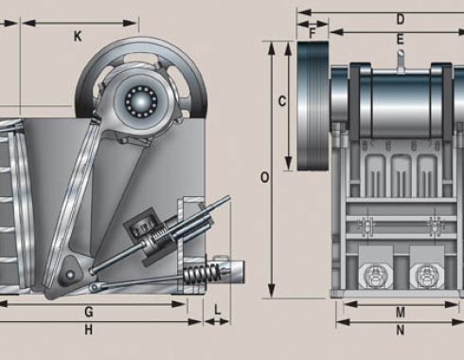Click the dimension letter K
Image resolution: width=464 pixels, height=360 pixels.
(x=78, y=37)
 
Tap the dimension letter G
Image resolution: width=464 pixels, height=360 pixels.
(x=89, y=312)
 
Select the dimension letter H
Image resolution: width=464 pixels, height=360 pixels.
(x=89, y=330)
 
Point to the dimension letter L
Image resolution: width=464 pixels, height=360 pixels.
(x=218, y=310)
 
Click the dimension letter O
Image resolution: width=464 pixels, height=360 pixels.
(x=265, y=178)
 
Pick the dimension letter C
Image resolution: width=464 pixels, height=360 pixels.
(x=282, y=101)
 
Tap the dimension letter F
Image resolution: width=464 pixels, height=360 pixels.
(x=312, y=33)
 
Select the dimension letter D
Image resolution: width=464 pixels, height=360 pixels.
(x=401, y=20)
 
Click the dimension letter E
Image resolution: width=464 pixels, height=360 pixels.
(x=401, y=40)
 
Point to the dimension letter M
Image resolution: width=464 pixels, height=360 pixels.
(x=401, y=313)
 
